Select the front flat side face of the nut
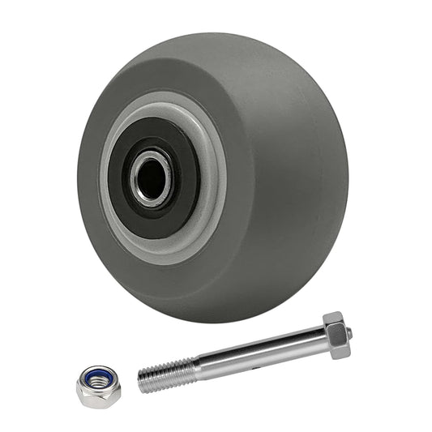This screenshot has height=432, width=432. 97,396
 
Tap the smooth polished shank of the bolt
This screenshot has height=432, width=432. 259,350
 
